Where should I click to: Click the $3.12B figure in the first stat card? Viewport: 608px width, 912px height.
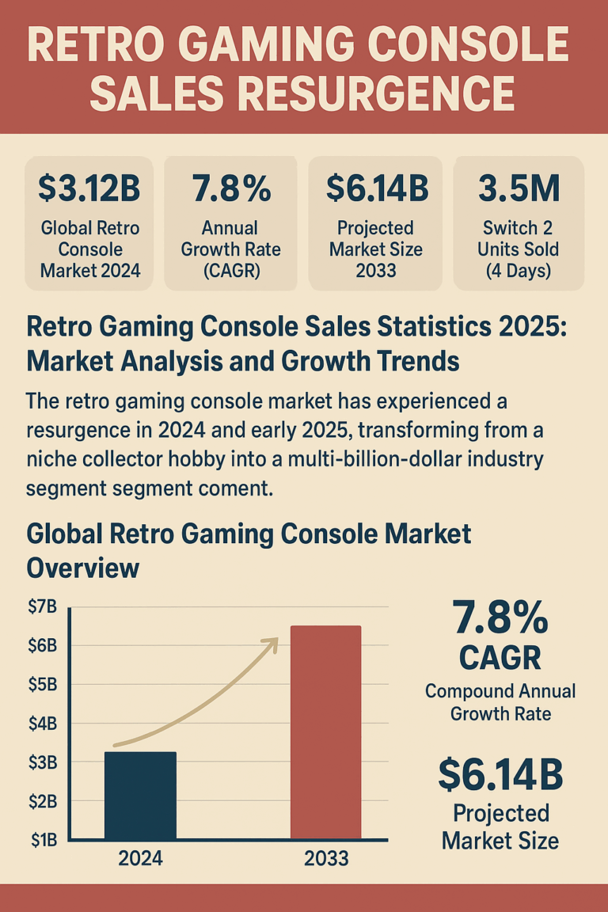coord(89,188)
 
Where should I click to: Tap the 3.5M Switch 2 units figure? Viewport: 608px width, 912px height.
coord(519,188)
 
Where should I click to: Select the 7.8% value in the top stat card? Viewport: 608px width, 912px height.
coord(231,188)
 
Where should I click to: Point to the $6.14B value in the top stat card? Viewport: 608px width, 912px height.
coord(377,188)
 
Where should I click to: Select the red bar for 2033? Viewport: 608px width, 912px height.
coord(325,731)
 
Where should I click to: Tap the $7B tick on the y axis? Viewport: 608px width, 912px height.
coord(43,607)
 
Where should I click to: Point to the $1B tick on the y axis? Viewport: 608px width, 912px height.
coord(43,840)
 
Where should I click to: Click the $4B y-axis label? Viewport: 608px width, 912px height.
coord(43,724)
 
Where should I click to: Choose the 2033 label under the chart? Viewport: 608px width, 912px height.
coord(325,859)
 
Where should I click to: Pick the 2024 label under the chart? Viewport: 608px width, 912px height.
coord(140,859)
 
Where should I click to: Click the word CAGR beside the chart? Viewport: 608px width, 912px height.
coord(500,656)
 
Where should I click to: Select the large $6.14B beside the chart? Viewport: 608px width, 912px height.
coord(500,775)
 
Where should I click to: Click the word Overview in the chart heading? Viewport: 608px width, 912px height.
coord(83,568)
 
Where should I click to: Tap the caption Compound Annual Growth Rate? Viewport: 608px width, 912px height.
coord(500,701)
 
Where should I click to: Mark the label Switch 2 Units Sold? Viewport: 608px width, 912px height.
coord(519,249)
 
